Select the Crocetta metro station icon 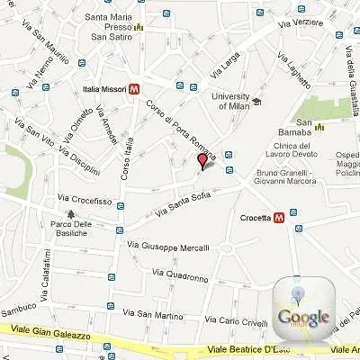tap(280, 217)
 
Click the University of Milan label tap(229, 100)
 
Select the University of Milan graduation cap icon tap(256, 101)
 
